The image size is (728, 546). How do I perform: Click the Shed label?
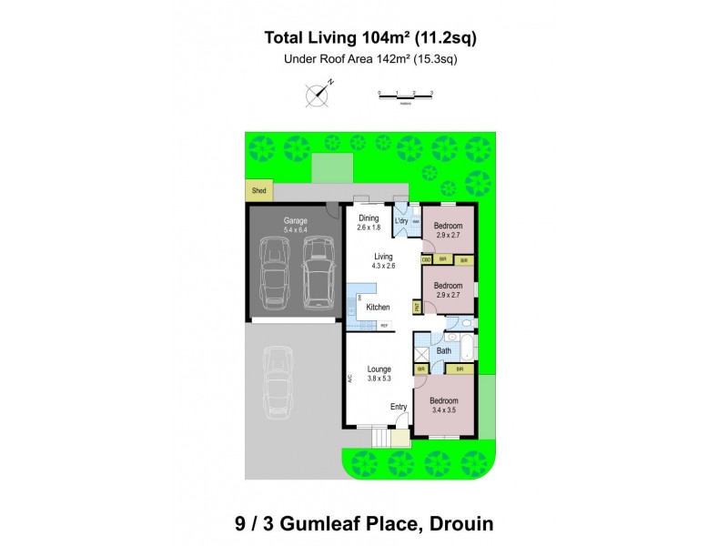coord(258,191)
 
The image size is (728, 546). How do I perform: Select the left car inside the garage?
coord(276,270)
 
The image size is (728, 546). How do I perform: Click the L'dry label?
coord(400,221)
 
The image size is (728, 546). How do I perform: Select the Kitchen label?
coord(378,308)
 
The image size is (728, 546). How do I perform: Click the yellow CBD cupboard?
coord(426,260)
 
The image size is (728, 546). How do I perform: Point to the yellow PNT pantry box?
coord(417,308)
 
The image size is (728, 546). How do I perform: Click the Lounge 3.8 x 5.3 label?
coord(379,373)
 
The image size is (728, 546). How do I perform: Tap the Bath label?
coord(444,349)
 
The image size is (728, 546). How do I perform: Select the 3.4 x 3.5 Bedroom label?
coord(444,405)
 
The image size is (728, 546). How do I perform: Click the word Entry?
coord(399,407)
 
